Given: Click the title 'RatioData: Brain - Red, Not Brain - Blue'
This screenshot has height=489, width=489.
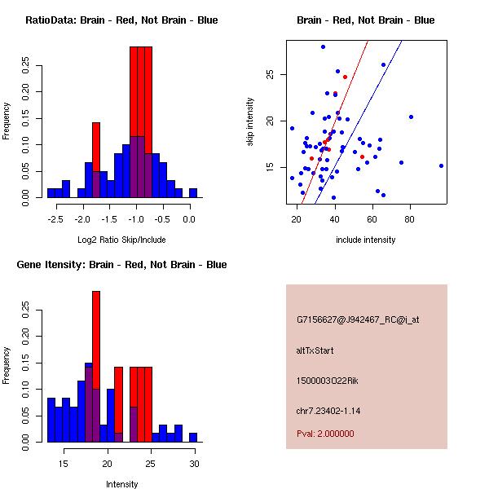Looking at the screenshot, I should tap(121, 20).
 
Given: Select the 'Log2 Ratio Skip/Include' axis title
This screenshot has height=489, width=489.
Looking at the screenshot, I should tap(121, 240).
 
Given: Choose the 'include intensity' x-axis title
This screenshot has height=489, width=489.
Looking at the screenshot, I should tap(366, 240).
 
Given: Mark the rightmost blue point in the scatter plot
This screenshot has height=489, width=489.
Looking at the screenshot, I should tap(441, 165).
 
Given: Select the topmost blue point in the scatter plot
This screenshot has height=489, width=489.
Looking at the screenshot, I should tap(323, 46).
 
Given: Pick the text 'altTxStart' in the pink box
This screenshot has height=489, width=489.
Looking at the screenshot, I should tap(315, 350).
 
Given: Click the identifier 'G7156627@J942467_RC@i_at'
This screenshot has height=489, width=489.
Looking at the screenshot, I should tap(357, 320).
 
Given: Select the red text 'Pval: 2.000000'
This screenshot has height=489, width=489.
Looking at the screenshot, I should tap(325, 434).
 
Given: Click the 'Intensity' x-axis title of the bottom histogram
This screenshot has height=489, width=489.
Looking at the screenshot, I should tap(121, 484).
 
